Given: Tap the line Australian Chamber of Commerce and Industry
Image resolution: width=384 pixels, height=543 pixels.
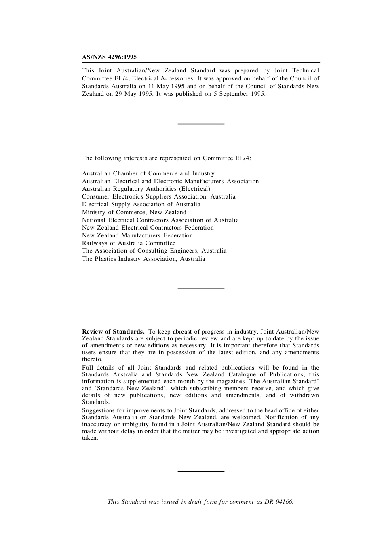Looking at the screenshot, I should pyautogui.click(x=148, y=173).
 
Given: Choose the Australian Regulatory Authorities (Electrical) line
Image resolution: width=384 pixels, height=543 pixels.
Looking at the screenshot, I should pyautogui.click(x=146, y=189).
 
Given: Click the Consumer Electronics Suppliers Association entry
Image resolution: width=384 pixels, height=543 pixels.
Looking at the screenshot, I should pyautogui.click(x=158, y=196).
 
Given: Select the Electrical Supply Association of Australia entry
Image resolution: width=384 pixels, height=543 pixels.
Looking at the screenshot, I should pyautogui.click(x=141, y=204).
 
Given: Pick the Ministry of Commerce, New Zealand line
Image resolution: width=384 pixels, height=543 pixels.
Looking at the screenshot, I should pyautogui.click(x=134, y=212).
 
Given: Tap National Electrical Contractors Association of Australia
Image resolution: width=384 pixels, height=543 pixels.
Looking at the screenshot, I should pyautogui.click(x=160, y=220).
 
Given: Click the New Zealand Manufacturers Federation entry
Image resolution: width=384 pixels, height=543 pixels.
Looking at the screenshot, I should pyautogui.click(x=137, y=235).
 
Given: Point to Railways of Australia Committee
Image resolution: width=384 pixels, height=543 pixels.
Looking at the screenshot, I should pyautogui.click(x=129, y=243).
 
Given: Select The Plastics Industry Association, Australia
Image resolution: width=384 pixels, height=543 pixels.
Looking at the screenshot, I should pyautogui.click(x=143, y=259).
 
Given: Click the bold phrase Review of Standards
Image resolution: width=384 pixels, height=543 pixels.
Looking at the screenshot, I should pyautogui.click(x=113, y=332).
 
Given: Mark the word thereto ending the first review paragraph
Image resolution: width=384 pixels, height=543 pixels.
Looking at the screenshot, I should pyautogui.click(x=92, y=359).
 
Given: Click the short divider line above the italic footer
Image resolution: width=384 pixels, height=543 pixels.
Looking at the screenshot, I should pyautogui.click(x=201, y=471).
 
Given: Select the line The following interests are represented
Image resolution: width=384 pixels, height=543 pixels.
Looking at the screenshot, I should pyautogui.click(x=167, y=158).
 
